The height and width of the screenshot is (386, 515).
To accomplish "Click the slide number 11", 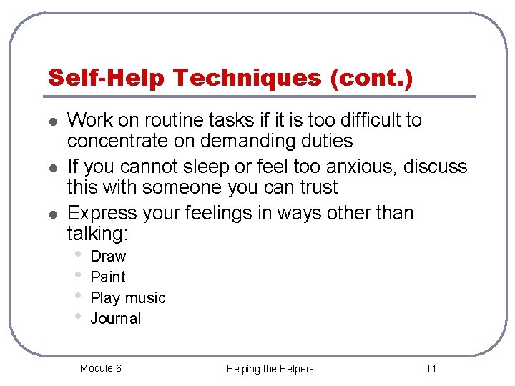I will coord(430,369).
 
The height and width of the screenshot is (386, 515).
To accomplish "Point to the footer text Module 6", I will coord(100,368).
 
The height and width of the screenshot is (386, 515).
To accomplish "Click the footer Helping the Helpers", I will coord(270,369).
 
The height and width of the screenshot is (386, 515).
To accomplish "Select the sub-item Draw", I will coord(108,257).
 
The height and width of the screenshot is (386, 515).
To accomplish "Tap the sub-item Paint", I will coord(108,277).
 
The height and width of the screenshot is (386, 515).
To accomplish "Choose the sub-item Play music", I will coord(127,298).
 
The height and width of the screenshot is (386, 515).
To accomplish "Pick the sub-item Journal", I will coord(115,319).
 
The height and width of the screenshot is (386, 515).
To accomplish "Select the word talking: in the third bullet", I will coord(95,234).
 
